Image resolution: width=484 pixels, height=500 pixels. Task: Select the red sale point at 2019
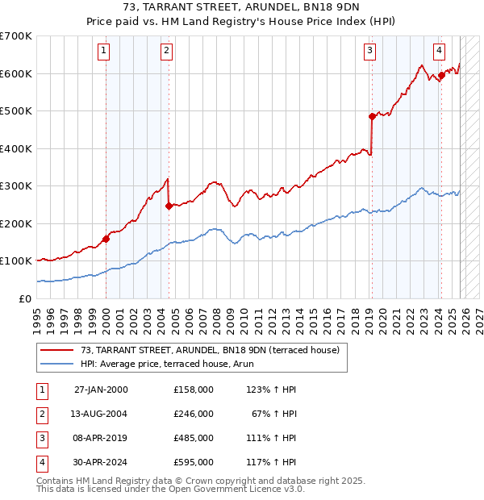(x=372, y=116)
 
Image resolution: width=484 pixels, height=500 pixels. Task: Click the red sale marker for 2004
(x=169, y=206)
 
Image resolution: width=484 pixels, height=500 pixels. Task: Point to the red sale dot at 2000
(x=106, y=239)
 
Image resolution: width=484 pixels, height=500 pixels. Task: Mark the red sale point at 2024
(x=441, y=76)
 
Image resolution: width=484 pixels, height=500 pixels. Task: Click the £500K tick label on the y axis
(x=15, y=111)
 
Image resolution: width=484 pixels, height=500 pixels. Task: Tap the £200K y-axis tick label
(x=15, y=223)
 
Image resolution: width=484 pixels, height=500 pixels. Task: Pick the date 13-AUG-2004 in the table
(x=101, y=414)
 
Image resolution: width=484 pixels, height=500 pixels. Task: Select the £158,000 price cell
(x=194, y=390)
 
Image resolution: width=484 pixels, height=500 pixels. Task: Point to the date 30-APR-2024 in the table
(x=101, y=462)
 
